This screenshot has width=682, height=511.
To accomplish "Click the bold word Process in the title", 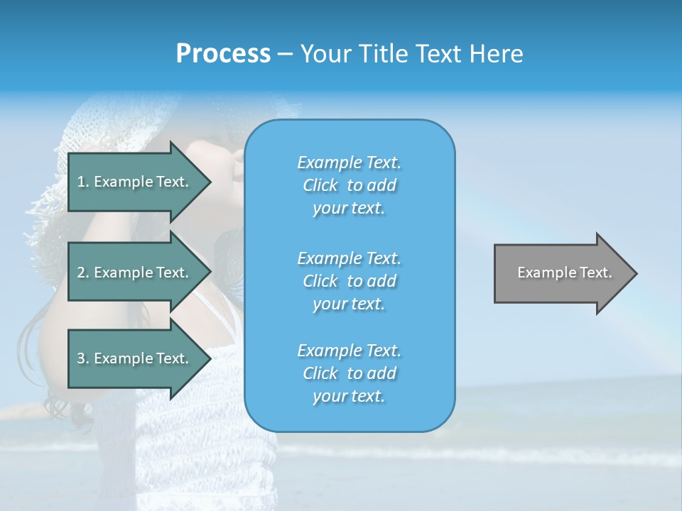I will tap(223, 54).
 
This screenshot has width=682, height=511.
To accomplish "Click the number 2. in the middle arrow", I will tap(83, 273).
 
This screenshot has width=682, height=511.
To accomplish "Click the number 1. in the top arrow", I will tap(83, 182).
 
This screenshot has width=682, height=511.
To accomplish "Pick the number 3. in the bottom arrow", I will tap(83, 358).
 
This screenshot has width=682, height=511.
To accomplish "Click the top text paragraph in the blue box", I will tap(349, 185).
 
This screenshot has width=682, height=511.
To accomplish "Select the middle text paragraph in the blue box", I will tap(349, 281).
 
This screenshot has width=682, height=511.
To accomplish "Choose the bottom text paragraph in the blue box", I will tap(349, 373).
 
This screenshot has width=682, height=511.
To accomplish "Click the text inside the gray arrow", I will tap(564, 273).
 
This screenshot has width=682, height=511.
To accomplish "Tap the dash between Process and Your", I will tap(286, 54).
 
